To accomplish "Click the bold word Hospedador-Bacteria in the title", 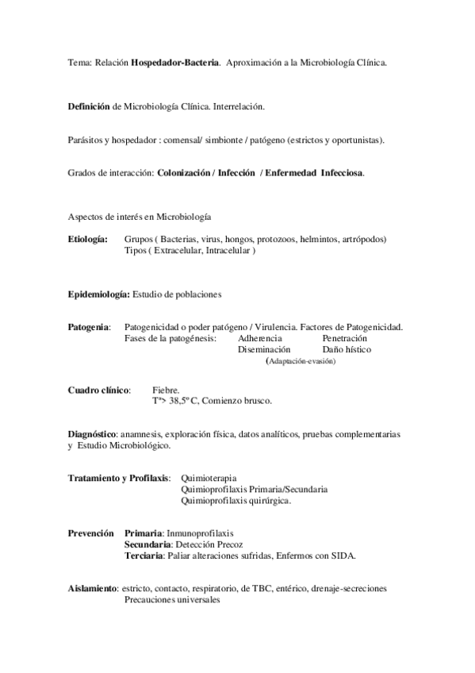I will (175, 63).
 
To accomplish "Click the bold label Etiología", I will (88, 239).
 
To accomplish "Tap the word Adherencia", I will (259, 338).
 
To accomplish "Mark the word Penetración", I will (345, 338).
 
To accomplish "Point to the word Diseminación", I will (264, 349).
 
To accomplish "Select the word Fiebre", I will (166, 390).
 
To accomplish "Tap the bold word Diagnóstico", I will (93, 434).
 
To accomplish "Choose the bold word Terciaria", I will (144, 556).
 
